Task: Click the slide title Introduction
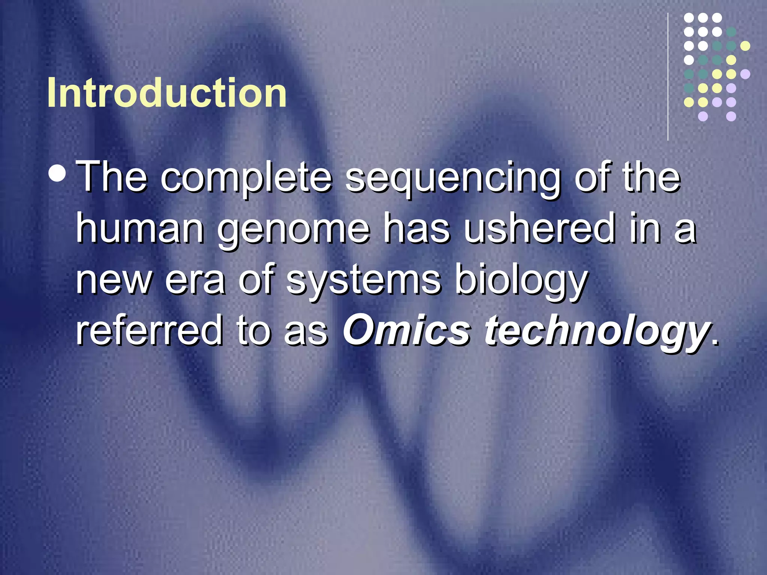click(167, 93)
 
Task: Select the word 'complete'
click(246, 178)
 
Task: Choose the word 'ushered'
click(539, 228)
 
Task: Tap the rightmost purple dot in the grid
click(745, 74)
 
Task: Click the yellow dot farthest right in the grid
click(745, 46)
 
